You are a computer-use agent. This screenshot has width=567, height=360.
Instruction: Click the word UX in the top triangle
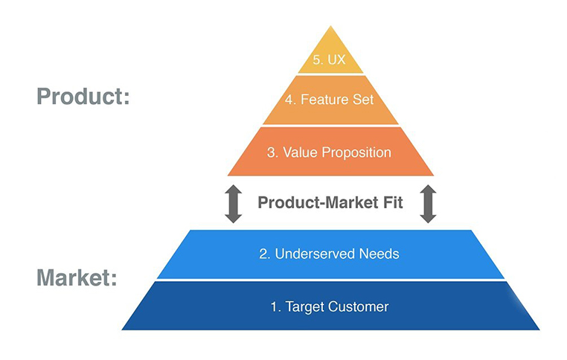tap(336, 60)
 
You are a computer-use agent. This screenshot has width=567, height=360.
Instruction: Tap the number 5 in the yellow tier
tap(317, 60)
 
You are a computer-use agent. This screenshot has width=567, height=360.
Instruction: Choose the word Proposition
tap(356, 153)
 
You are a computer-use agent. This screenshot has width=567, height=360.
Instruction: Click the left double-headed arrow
tap(233, 204)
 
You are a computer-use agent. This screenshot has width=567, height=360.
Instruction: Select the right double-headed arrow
tap(428, 204)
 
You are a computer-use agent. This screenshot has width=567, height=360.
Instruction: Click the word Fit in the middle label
tap(393, 202)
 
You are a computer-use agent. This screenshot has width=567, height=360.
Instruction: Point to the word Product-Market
tap(318, 202)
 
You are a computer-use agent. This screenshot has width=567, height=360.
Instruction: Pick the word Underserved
tap(315, 254)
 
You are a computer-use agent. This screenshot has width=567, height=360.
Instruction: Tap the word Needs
tap(379, 254)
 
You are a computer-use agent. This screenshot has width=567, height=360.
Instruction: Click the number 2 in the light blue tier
tap(264, 254)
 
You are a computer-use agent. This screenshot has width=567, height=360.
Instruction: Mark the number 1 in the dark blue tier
tap(275, 307)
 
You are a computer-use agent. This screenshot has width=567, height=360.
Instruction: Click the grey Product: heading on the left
tap(83, 97)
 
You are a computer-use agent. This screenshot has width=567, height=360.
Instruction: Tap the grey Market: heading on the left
tap(77, 277)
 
